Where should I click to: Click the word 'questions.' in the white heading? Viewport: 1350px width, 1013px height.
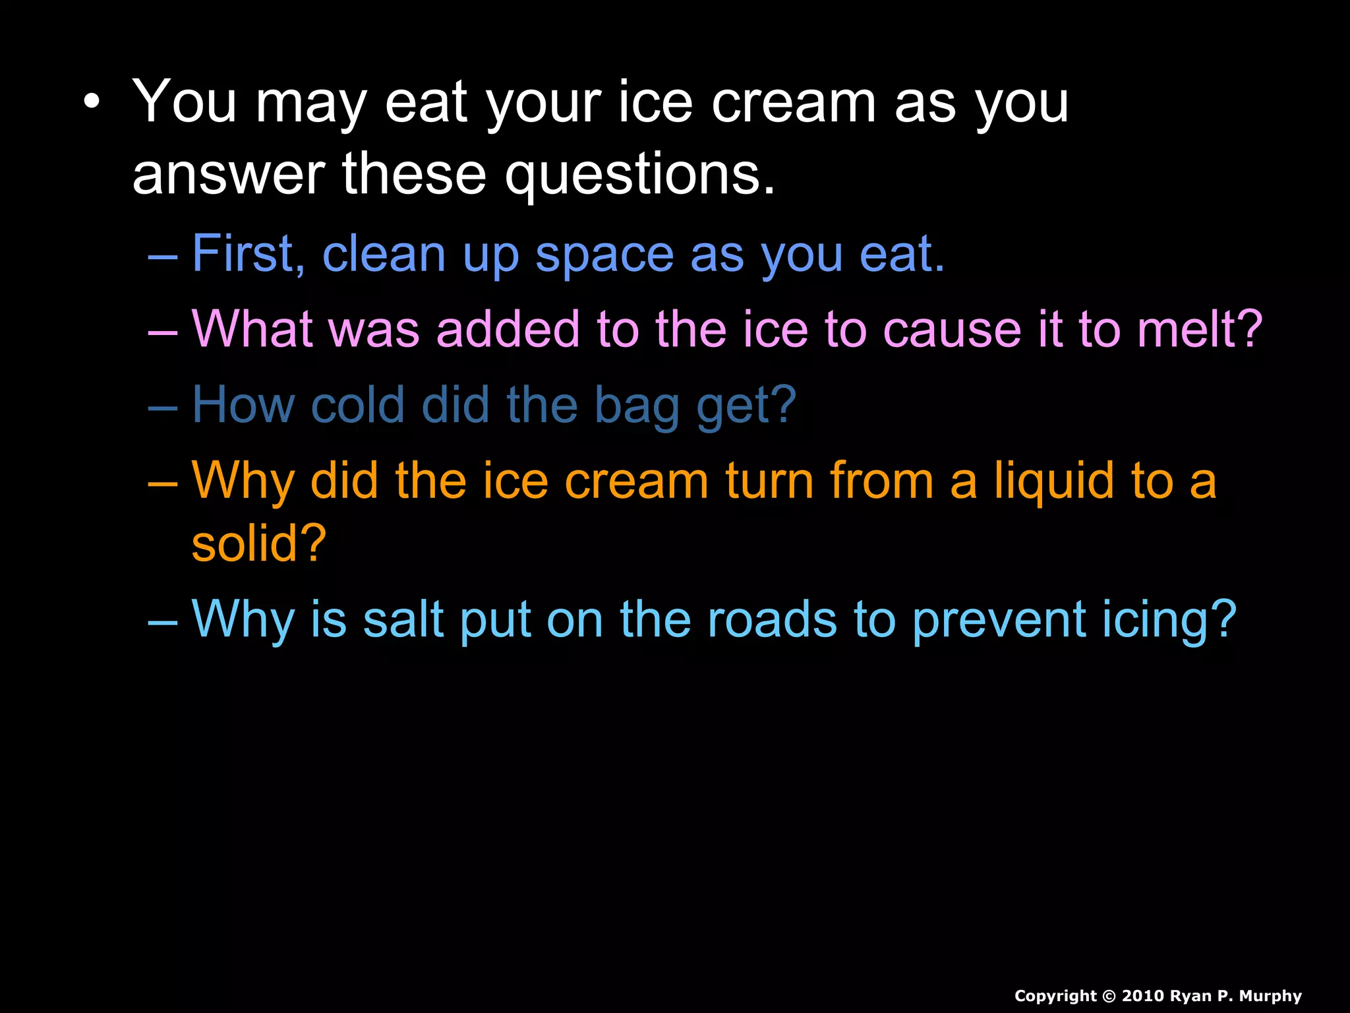click(639, 175)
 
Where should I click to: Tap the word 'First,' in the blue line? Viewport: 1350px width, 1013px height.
click(249, 254)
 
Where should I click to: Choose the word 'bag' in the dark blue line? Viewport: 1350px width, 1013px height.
click(637, 406)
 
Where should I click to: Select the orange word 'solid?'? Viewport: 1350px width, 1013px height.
click(259, 544)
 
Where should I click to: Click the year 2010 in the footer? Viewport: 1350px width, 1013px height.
click(1146, 996)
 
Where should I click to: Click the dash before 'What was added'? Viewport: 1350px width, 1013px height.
click(163, 332)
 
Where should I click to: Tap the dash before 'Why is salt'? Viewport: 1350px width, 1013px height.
click(163, 622)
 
